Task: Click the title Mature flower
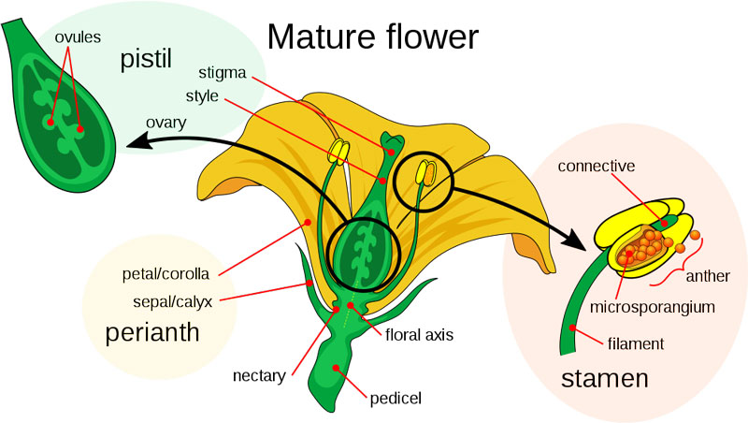372,36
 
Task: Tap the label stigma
223,73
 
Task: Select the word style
202,96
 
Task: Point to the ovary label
166,123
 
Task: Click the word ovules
78,37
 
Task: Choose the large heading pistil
146,59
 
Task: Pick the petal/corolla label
165,274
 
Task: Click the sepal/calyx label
172,301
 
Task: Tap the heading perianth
152,332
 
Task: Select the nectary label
259,376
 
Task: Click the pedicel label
396,398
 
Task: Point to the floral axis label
419,335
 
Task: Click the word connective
597,167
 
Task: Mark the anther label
708,276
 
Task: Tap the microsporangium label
652,307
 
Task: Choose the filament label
636,343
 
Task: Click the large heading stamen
604,379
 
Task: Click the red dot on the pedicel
336,368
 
